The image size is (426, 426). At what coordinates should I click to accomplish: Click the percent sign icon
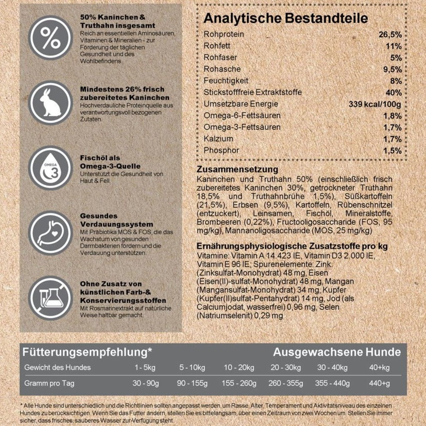[x=50, y=37]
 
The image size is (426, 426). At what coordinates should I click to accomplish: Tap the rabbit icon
[x=50, y=103]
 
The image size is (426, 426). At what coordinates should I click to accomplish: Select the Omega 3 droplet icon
[x=50, y=168]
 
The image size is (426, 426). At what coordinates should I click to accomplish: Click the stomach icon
[x=50, y=234]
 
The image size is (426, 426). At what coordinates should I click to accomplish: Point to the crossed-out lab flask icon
[x=50, y=298]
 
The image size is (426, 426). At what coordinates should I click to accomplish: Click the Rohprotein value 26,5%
[x=390, y=35]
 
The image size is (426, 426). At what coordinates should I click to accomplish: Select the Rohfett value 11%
[x=393, y=46]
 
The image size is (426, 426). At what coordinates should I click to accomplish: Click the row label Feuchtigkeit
[x=226, y=81]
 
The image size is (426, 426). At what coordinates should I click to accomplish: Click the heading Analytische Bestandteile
[x=286, y=18]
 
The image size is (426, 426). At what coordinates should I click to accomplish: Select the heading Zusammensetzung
[x=238, y=169]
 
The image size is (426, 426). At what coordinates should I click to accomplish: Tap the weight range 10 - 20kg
[x=239, y=367]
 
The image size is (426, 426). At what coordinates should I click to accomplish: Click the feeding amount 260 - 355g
[x=286, y=383]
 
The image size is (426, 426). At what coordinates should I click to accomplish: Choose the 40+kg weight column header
[x=379, y=367]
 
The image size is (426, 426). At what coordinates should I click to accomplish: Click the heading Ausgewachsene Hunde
[x=337, y=352]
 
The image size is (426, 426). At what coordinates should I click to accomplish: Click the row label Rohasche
[x=222, y=69]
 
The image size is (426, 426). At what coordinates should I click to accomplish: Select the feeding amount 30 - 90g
[x=145, y=383]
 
